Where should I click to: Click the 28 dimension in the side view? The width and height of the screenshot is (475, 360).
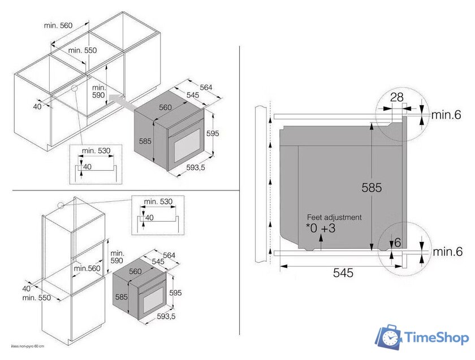coord(397,98)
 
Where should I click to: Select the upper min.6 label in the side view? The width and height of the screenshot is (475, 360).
coord(447,115)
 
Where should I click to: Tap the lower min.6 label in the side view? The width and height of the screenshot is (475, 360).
coord(447,252)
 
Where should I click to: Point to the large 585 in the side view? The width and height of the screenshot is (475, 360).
coord(372,188)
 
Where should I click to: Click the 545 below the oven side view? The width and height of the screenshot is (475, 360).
coord(343,273)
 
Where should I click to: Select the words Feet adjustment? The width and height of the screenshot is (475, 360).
coord(335,217)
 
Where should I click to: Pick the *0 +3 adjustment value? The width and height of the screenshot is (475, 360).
coord(321,228)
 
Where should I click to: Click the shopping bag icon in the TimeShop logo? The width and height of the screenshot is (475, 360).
coord(390,337)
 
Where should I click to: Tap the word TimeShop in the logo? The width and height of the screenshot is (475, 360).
coord(437,338)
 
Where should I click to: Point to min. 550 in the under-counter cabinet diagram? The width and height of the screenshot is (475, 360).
coord(83,50)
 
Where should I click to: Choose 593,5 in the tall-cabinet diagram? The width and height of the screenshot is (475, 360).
coord(166,316)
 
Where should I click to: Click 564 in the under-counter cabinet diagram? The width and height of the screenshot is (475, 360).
coord(206,87)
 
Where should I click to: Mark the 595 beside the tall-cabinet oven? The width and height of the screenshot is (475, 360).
coord(175,293)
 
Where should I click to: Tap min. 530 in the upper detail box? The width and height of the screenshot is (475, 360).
coord(96,150)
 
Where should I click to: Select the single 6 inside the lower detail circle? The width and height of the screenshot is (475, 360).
coord(398,242)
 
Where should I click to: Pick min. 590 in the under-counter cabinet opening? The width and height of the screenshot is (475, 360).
coord(99,92)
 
